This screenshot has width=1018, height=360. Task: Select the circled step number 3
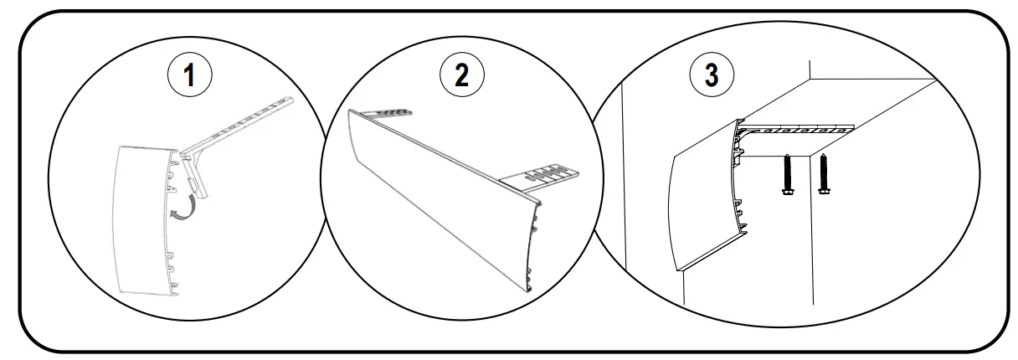[712, 74]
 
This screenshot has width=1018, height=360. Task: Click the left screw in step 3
[787, 177]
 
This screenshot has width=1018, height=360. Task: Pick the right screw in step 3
[824, 175]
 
